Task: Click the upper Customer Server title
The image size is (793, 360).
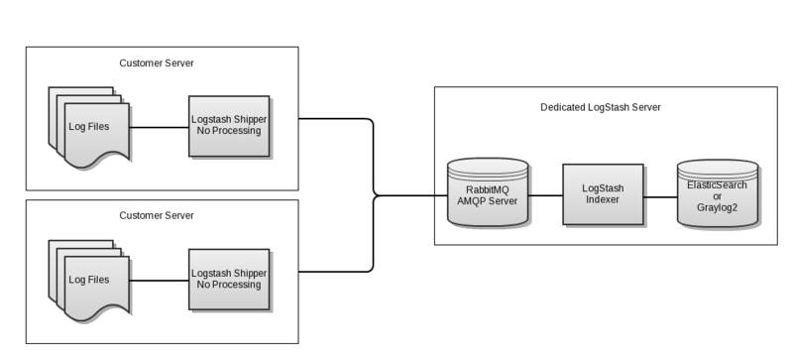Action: (x=157, y=62)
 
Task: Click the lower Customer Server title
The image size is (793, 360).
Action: (x=157, y=215)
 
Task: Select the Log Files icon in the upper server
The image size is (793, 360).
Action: (x=86, y=127)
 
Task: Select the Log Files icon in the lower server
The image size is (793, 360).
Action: (x=86, y=280)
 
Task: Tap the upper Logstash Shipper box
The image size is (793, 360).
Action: (x=229, y=126)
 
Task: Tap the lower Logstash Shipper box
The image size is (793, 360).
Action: (x=229, y=279)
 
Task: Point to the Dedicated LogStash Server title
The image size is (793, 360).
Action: (x=601, y=107)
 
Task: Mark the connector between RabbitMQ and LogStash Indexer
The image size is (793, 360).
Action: (x=545, y=195)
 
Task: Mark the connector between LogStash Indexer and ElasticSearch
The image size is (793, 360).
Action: (x=660, y=195)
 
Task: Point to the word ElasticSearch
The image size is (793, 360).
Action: (x=718, y=183)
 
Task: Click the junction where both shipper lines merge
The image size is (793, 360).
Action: (x=374, y=195)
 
